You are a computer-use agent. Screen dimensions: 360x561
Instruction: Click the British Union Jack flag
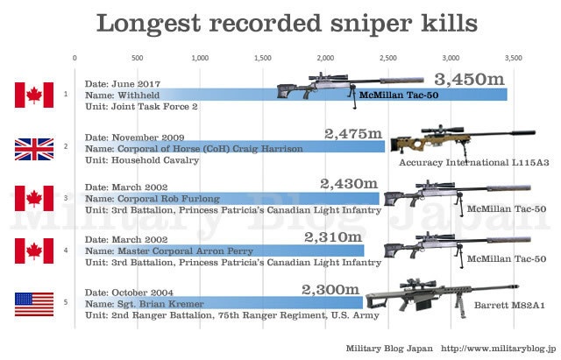pyautogui.click(x=34, y=147)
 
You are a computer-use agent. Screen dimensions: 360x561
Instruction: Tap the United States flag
pyautogui.click(x=34, y=304)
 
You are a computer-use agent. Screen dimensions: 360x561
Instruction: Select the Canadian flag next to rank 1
pyautogui.click(x=34, y=94)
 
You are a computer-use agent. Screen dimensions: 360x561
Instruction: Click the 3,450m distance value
pyautogui.click(x=470, y=80)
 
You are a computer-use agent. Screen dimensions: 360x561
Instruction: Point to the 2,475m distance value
pyautogui.click(x=353, y=133)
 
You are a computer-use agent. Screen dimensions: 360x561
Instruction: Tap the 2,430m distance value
pyautogui.click(x=349, y=185)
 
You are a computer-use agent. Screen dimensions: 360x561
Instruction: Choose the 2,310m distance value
pyautogui.click(x=333, y=236)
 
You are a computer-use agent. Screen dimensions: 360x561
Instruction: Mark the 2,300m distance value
pyautogui.click(x=331, y=289)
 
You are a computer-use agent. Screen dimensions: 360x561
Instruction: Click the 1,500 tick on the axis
pyautogui.click(x=261, y=58)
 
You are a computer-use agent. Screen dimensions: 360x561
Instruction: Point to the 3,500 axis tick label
pyautogui.click(x=512, y=58)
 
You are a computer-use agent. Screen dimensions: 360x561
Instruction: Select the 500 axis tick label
pyautogui.click(x=137, y=58)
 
